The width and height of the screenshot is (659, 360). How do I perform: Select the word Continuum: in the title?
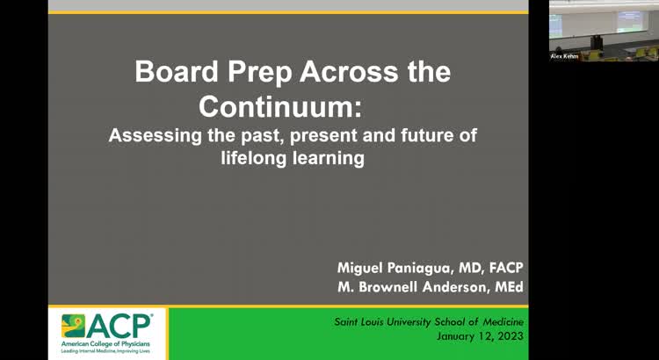tap(279, 105)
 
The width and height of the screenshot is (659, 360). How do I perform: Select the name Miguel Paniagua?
tap(395, 267)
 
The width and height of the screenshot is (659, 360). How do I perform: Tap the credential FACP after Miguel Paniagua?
tap(502, 267)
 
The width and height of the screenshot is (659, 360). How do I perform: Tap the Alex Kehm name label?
tap(564, 56)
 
